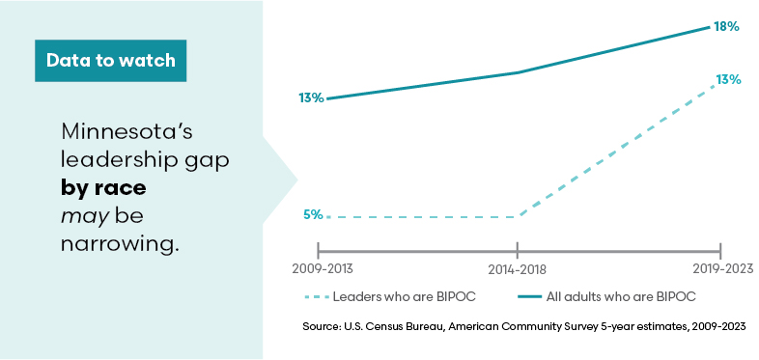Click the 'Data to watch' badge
(x=110, y=60)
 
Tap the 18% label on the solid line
(x=726, y=27)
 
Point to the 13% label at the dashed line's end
(x=728, y=80)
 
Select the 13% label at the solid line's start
(x=310, y=97)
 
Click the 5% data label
(x=313, y=215)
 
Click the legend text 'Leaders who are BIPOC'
(x=412, y=295)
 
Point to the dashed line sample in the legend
(x=322, y=295)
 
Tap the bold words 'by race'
(x=103, y=187)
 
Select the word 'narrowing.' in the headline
(x=120, y=243)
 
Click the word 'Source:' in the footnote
(x=322, y=328)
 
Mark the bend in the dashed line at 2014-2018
(x=520, y=216)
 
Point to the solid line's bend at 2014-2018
(x=520, y=72)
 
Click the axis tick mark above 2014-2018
(x=520, y=247)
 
